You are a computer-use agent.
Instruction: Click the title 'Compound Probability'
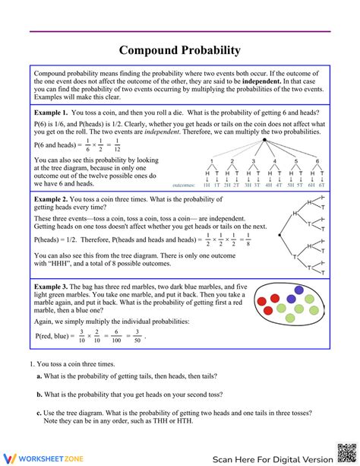click(x=180, y=50)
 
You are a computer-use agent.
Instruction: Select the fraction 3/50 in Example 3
click(x=137, y=335)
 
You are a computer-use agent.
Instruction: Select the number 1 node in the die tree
click(x=210, y=161)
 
